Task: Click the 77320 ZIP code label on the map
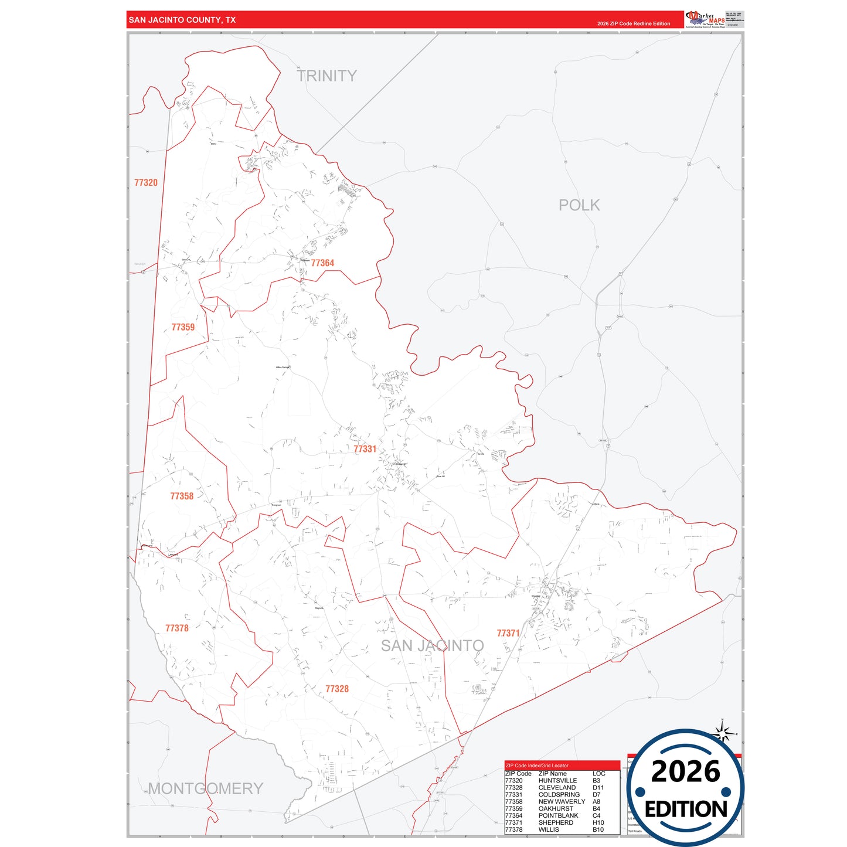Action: click(x=146, y=183)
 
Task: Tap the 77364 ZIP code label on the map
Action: click(x=322, y=263)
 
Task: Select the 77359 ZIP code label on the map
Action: click(x=183, y=327)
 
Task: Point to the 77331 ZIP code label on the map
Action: click(x=365, y=449)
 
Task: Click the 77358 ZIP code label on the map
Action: click(x=182, y=496)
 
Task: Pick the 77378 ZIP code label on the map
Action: click(x=177, y=628)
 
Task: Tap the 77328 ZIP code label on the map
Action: click(x=337, y=689)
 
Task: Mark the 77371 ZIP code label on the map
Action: click(x=508, y=633)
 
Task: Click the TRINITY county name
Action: click(x=326, y=76)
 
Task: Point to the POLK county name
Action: click(x=579, y=205)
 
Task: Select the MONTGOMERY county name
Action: click(x=205, y=788)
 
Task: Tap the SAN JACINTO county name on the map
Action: click(x=433, y=646)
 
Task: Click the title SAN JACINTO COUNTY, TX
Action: click(x=182, y=20)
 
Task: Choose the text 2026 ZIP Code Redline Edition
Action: click(x=634, y=24)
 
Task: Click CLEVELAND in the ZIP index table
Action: click(x=557, y=788)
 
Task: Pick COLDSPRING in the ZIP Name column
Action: click(x=559, y=795)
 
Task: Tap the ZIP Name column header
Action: click(x=553, y=774)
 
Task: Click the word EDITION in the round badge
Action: click(x=686, y=809)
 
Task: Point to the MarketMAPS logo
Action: click(x=705, y=19)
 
